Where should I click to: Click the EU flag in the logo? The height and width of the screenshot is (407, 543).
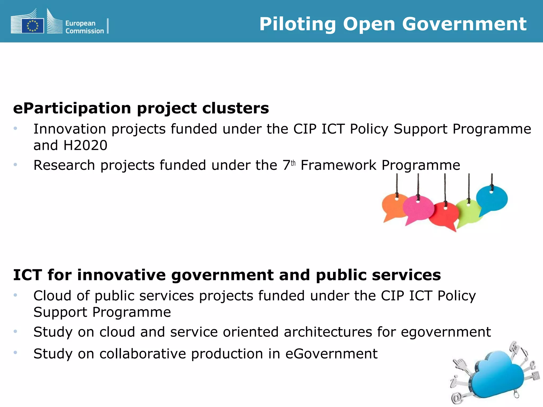33,26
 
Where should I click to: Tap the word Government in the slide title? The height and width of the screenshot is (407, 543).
464,24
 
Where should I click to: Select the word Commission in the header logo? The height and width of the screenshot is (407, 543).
85,31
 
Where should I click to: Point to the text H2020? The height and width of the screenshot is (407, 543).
85,145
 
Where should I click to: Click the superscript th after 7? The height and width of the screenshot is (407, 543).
293,163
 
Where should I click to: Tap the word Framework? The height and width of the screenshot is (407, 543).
338,166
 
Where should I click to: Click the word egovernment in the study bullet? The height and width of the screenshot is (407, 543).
446,332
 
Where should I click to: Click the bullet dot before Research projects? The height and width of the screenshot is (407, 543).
15,165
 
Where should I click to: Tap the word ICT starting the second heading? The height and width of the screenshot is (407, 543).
28,275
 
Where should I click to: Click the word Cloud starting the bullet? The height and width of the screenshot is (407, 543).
52,296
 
